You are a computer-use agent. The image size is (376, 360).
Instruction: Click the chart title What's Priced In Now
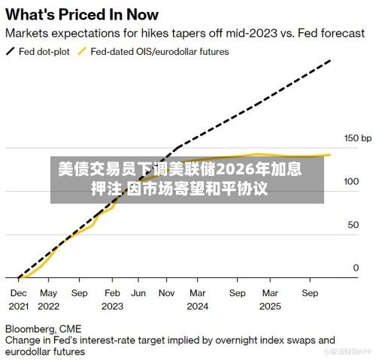[82, 14]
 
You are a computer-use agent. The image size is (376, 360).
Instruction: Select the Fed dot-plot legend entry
[38, 52]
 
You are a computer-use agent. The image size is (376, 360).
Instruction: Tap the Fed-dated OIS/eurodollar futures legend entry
[153, 52]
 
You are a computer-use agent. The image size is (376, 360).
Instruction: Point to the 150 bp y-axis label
[358, 138]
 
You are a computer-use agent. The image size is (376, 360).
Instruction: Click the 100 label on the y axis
[351, 181]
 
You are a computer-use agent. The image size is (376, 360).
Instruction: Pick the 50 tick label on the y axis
[353, 225]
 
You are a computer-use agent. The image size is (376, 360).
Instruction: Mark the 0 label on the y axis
[356, 268]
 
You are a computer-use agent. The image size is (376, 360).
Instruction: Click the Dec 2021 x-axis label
[19, 300]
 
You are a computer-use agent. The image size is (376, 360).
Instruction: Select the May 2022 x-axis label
[48, 300]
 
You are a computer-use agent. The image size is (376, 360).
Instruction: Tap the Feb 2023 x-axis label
[112, 300]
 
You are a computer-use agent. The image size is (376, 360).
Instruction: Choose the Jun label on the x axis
[138, 293]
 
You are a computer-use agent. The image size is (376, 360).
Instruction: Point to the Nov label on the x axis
[166, 293]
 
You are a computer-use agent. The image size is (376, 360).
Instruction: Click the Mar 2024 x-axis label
[198, 300]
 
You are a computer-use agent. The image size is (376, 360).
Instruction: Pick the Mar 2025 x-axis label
[270, 300]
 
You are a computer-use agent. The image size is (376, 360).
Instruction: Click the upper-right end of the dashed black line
[331, 60]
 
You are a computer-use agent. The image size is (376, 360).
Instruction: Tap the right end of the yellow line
[330, 155]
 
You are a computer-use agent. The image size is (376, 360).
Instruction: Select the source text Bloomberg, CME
[43, 329]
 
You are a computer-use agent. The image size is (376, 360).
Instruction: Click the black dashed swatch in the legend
[11, 52]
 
